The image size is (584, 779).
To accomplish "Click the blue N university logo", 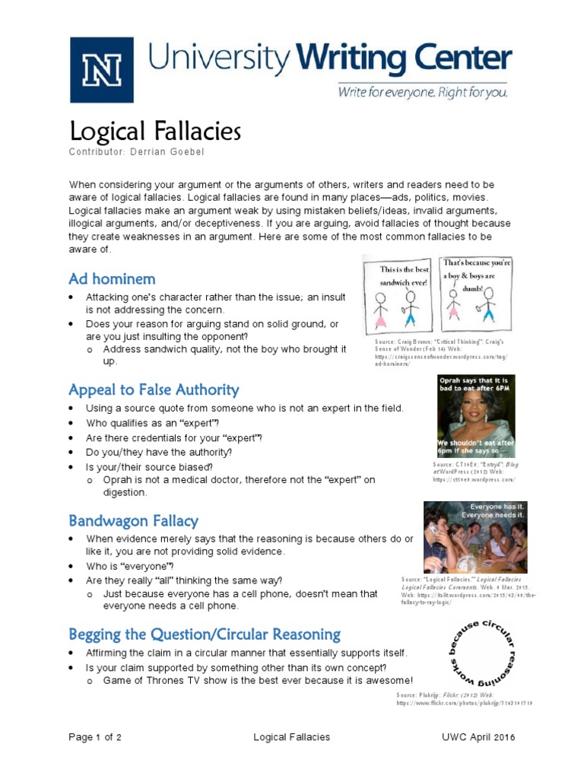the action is tap(101, 70).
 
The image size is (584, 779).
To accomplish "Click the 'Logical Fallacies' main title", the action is tap(155, 132).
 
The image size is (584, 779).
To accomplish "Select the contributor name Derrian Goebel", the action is tap(168, 152).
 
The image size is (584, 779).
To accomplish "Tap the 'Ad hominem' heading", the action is tap(112, 278).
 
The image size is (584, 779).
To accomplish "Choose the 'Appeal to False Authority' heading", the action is tap(154, 390).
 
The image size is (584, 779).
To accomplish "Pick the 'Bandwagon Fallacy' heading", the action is tap(133, 521).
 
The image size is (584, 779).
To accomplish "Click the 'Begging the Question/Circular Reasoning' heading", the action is tap(205, 634).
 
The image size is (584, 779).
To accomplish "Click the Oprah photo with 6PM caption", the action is tap(476, 415).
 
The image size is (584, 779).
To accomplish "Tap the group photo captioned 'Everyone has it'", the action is tap(475, 537).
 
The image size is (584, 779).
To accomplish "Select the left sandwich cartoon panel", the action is tap(399, 297).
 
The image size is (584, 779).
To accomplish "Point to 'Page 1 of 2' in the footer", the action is tap(95, 737).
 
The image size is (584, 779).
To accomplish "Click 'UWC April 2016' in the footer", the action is tap(478, 737).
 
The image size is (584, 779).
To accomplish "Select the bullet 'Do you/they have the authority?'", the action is tap(159, 452).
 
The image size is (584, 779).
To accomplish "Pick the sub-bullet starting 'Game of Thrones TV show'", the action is tap(258, 681).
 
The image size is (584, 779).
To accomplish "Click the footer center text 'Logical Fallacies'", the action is tap(291, 737).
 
